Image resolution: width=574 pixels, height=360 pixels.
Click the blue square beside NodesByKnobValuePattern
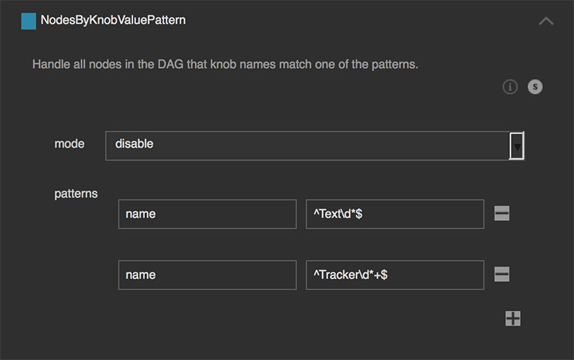click(x=29, y=21)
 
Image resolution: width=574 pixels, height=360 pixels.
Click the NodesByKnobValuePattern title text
click(x=113, y=20)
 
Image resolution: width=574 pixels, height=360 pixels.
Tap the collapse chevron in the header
click(x=546, y=21)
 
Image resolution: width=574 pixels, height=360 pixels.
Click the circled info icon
click(x=510, y=87)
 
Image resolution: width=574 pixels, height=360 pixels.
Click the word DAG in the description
click(x=170, y=65)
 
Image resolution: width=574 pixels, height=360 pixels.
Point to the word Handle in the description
click(x=51, y=65)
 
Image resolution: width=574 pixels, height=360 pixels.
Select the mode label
click(x=69, y=143)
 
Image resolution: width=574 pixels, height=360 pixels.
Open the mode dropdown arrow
click(x=517, y=146)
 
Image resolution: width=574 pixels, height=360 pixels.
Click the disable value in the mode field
click(x=134, y=143)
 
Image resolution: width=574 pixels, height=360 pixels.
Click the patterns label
click(x=76, y=194)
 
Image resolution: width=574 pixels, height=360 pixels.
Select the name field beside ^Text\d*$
click(x=207, y=214)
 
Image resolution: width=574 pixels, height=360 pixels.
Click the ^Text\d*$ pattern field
click(x=395, y=214)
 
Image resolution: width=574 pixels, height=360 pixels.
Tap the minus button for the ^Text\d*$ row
click(x=502, y=213)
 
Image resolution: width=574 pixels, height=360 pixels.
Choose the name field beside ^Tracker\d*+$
click(x=207, y=275)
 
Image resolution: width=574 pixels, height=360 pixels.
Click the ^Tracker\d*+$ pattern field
click(x=395, y=275)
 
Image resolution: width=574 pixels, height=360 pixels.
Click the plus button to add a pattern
click(x=512, y=318)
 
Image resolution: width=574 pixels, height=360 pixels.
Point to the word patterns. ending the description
click(x=395, y=65)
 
